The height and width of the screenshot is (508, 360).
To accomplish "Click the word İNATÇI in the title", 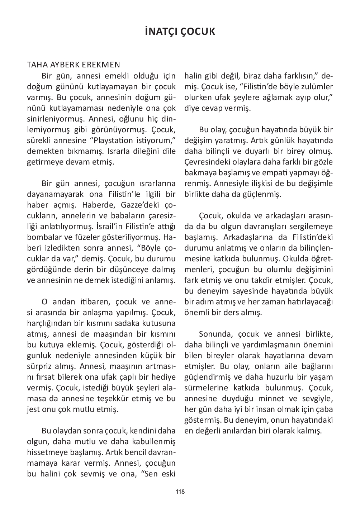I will [160, 32].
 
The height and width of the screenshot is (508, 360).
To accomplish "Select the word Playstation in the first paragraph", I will [115, 140].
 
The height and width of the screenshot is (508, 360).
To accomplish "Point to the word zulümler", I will [317, 86].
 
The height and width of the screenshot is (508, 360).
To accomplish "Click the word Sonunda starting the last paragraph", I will [214, 334].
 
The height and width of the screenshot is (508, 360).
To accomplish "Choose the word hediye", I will [163, 377].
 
